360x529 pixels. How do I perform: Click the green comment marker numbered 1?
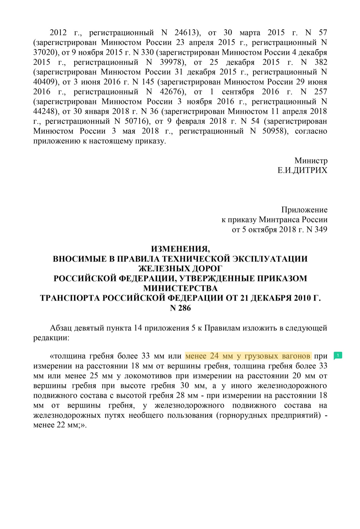pyautogui.click(x=338, y=355)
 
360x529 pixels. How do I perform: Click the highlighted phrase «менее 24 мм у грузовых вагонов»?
pyautogui.click(x=248, y=356)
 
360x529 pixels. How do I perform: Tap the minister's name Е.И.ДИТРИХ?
pyautogui.click(x=302, y=171)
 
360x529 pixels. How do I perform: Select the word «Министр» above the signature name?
pyautogui.click(x=311, y=161)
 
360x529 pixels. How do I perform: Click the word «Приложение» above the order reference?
pyautogui.click(x=304, y=210)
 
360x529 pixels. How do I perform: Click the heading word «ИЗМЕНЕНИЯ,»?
pyautogui.click(x=180, y=249)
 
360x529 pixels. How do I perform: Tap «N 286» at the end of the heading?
pyautogui.click(x=180, y=308)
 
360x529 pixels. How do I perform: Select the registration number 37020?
pyautogui.click(x=44, y=52)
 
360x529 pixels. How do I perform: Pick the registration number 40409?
pyautogui.click(x=44, y=82)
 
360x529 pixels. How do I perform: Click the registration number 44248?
pyautogui.click(x=44, y=111)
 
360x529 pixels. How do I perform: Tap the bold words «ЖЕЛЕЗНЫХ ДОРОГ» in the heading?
pyautogui.click(x=180, y=268)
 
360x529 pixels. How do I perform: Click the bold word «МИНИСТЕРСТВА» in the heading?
pyautogui.click(x=180, y=288)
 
